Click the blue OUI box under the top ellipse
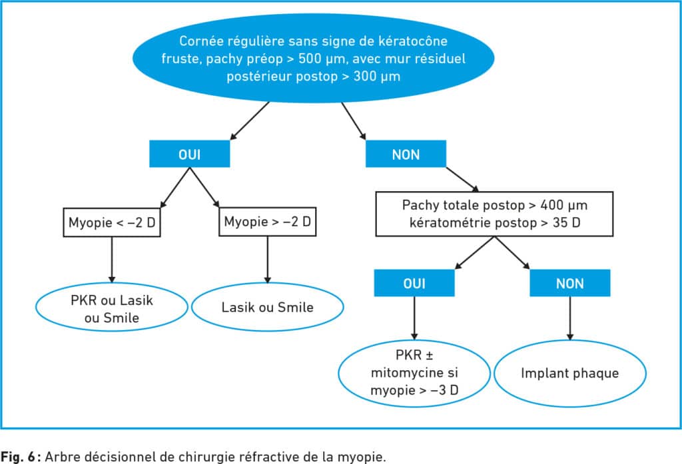pyautogui.click(x=190, y=154)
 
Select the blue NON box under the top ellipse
pyautogui.click(x=406, y=154)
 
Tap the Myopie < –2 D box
pyautogui.click(x=112, y=222)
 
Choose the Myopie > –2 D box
pyautogui.click(x=268, y=222)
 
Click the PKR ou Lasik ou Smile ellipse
pyautogui.click(x=112, y=307)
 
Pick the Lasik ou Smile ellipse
pyautogui.click(x=268, y=307)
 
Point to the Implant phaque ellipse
pyautogui.click(x=570, y=373)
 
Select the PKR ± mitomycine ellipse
pyautogui.click(x=414, y=373)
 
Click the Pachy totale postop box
pyautogui.click(x=495, y=214)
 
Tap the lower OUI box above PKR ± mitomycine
pyautogui.click(x=414, y=283)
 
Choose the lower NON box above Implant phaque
pyautogui.click(x=570, y=283)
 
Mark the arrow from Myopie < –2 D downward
pyautogui.click(x=112, y=260)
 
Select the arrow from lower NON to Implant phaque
pyautogui.click(x=570, y=318)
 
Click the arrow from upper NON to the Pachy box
pyautogui.click(x=462, y=179)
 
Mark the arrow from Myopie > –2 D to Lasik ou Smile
pyautogui.click(x=268, y=260)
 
